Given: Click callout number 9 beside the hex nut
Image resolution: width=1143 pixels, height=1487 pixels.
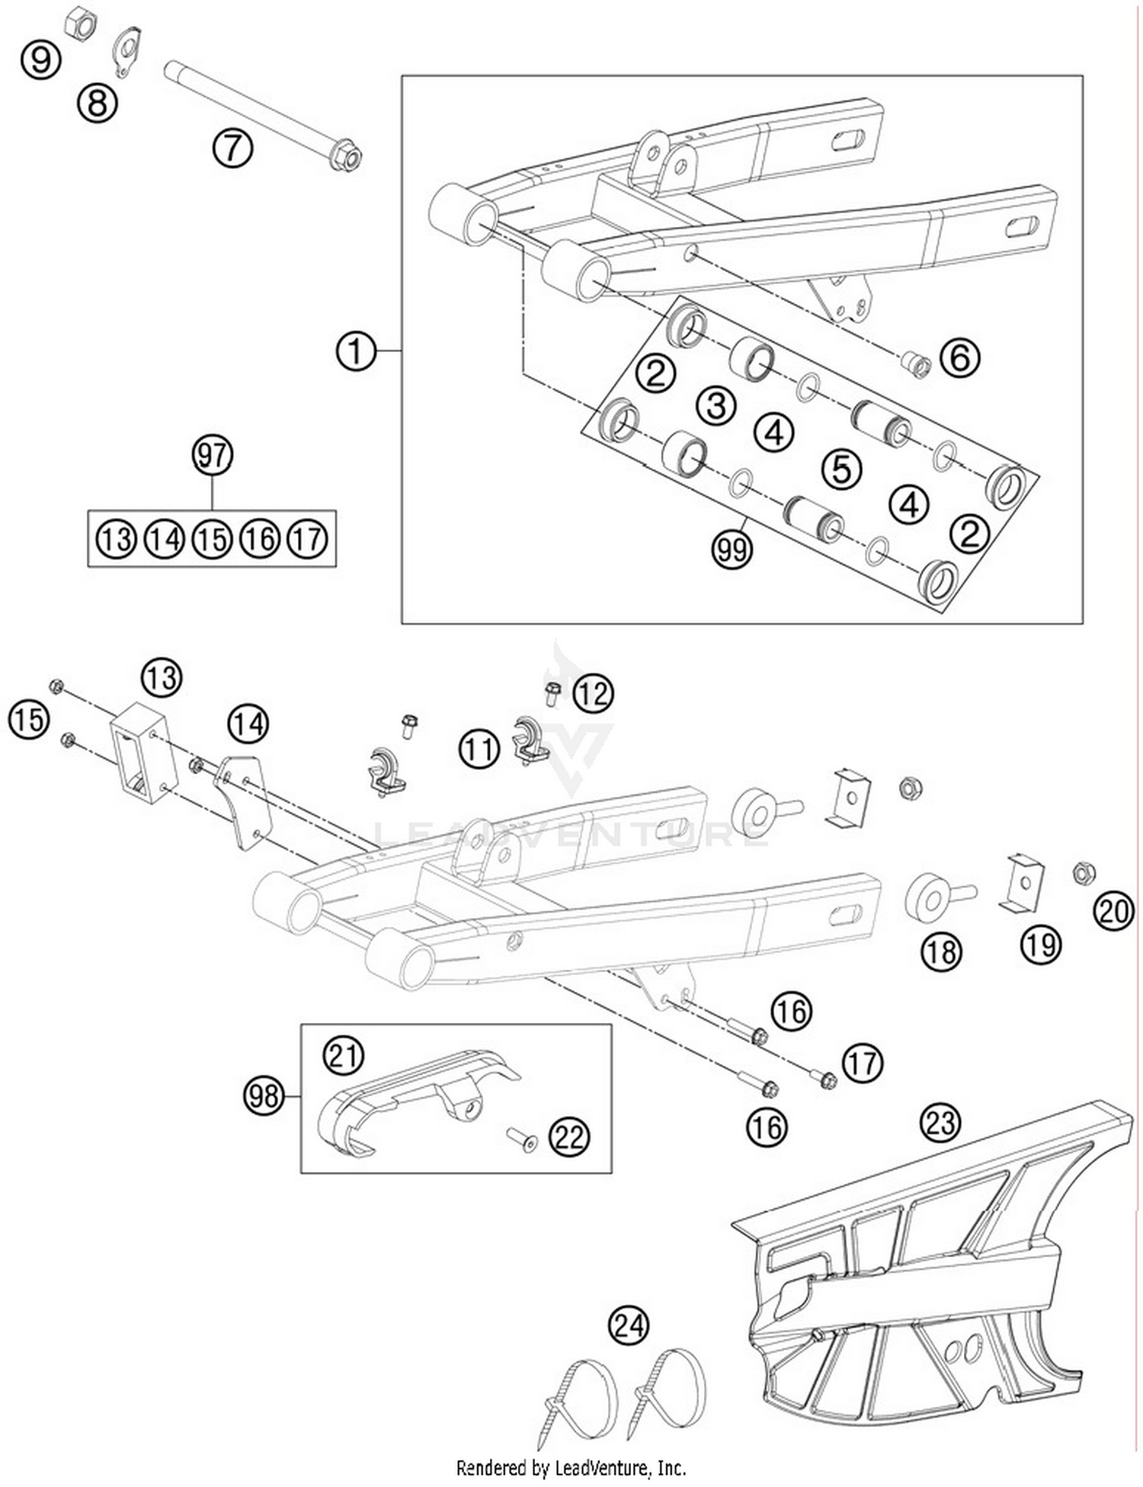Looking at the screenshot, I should click(40, 59).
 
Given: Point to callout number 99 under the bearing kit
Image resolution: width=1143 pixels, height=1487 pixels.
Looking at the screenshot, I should click(732, 548).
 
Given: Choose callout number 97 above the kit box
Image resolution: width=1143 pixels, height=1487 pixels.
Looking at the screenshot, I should click(211, 455).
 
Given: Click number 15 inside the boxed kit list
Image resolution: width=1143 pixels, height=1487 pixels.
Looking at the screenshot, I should click(211, 539).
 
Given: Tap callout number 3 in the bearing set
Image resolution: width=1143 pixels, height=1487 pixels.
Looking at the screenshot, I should click(716, 405).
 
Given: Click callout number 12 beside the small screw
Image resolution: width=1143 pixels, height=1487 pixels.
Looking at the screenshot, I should click(593, 693).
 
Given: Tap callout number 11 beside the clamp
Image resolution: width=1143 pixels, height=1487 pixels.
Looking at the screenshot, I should click(479, 749).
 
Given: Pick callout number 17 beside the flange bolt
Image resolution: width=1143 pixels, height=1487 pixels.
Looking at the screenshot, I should click(863, 1063).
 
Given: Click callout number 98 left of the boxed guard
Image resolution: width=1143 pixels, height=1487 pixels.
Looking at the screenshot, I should click(263, 1096).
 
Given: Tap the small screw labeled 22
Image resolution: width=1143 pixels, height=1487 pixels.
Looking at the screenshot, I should click(523, 1140).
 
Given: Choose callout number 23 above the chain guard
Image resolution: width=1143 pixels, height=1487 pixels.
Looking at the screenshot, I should click(940, 1122).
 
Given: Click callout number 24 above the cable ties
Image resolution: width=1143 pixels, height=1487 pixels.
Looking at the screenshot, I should click(629, 1326).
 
